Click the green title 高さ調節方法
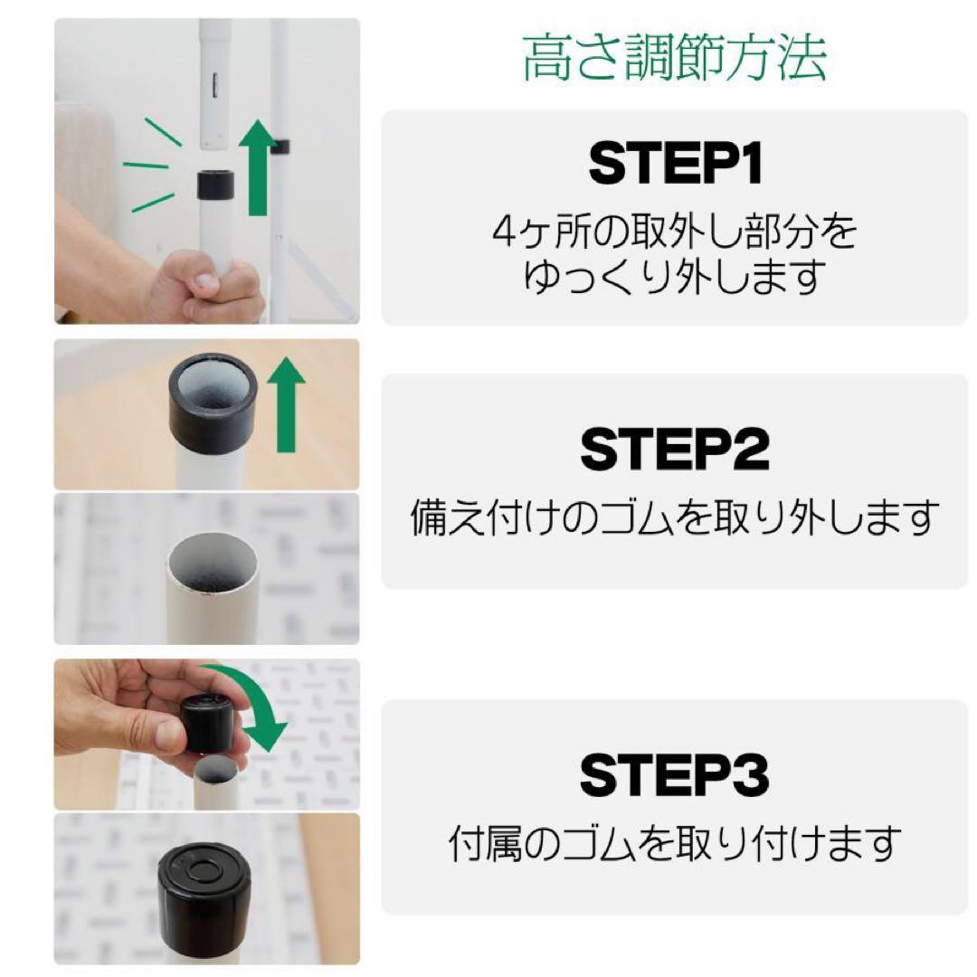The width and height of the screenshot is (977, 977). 674,59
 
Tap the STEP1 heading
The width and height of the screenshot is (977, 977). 675,165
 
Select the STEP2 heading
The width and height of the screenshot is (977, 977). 675,450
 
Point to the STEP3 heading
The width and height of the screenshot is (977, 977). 675,776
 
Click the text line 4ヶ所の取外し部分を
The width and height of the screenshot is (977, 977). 674,232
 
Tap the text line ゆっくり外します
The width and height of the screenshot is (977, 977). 674,276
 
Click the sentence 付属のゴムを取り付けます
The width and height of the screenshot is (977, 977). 675,844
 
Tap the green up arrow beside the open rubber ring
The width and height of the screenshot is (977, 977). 287,403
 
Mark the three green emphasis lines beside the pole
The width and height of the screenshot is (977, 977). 148,167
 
